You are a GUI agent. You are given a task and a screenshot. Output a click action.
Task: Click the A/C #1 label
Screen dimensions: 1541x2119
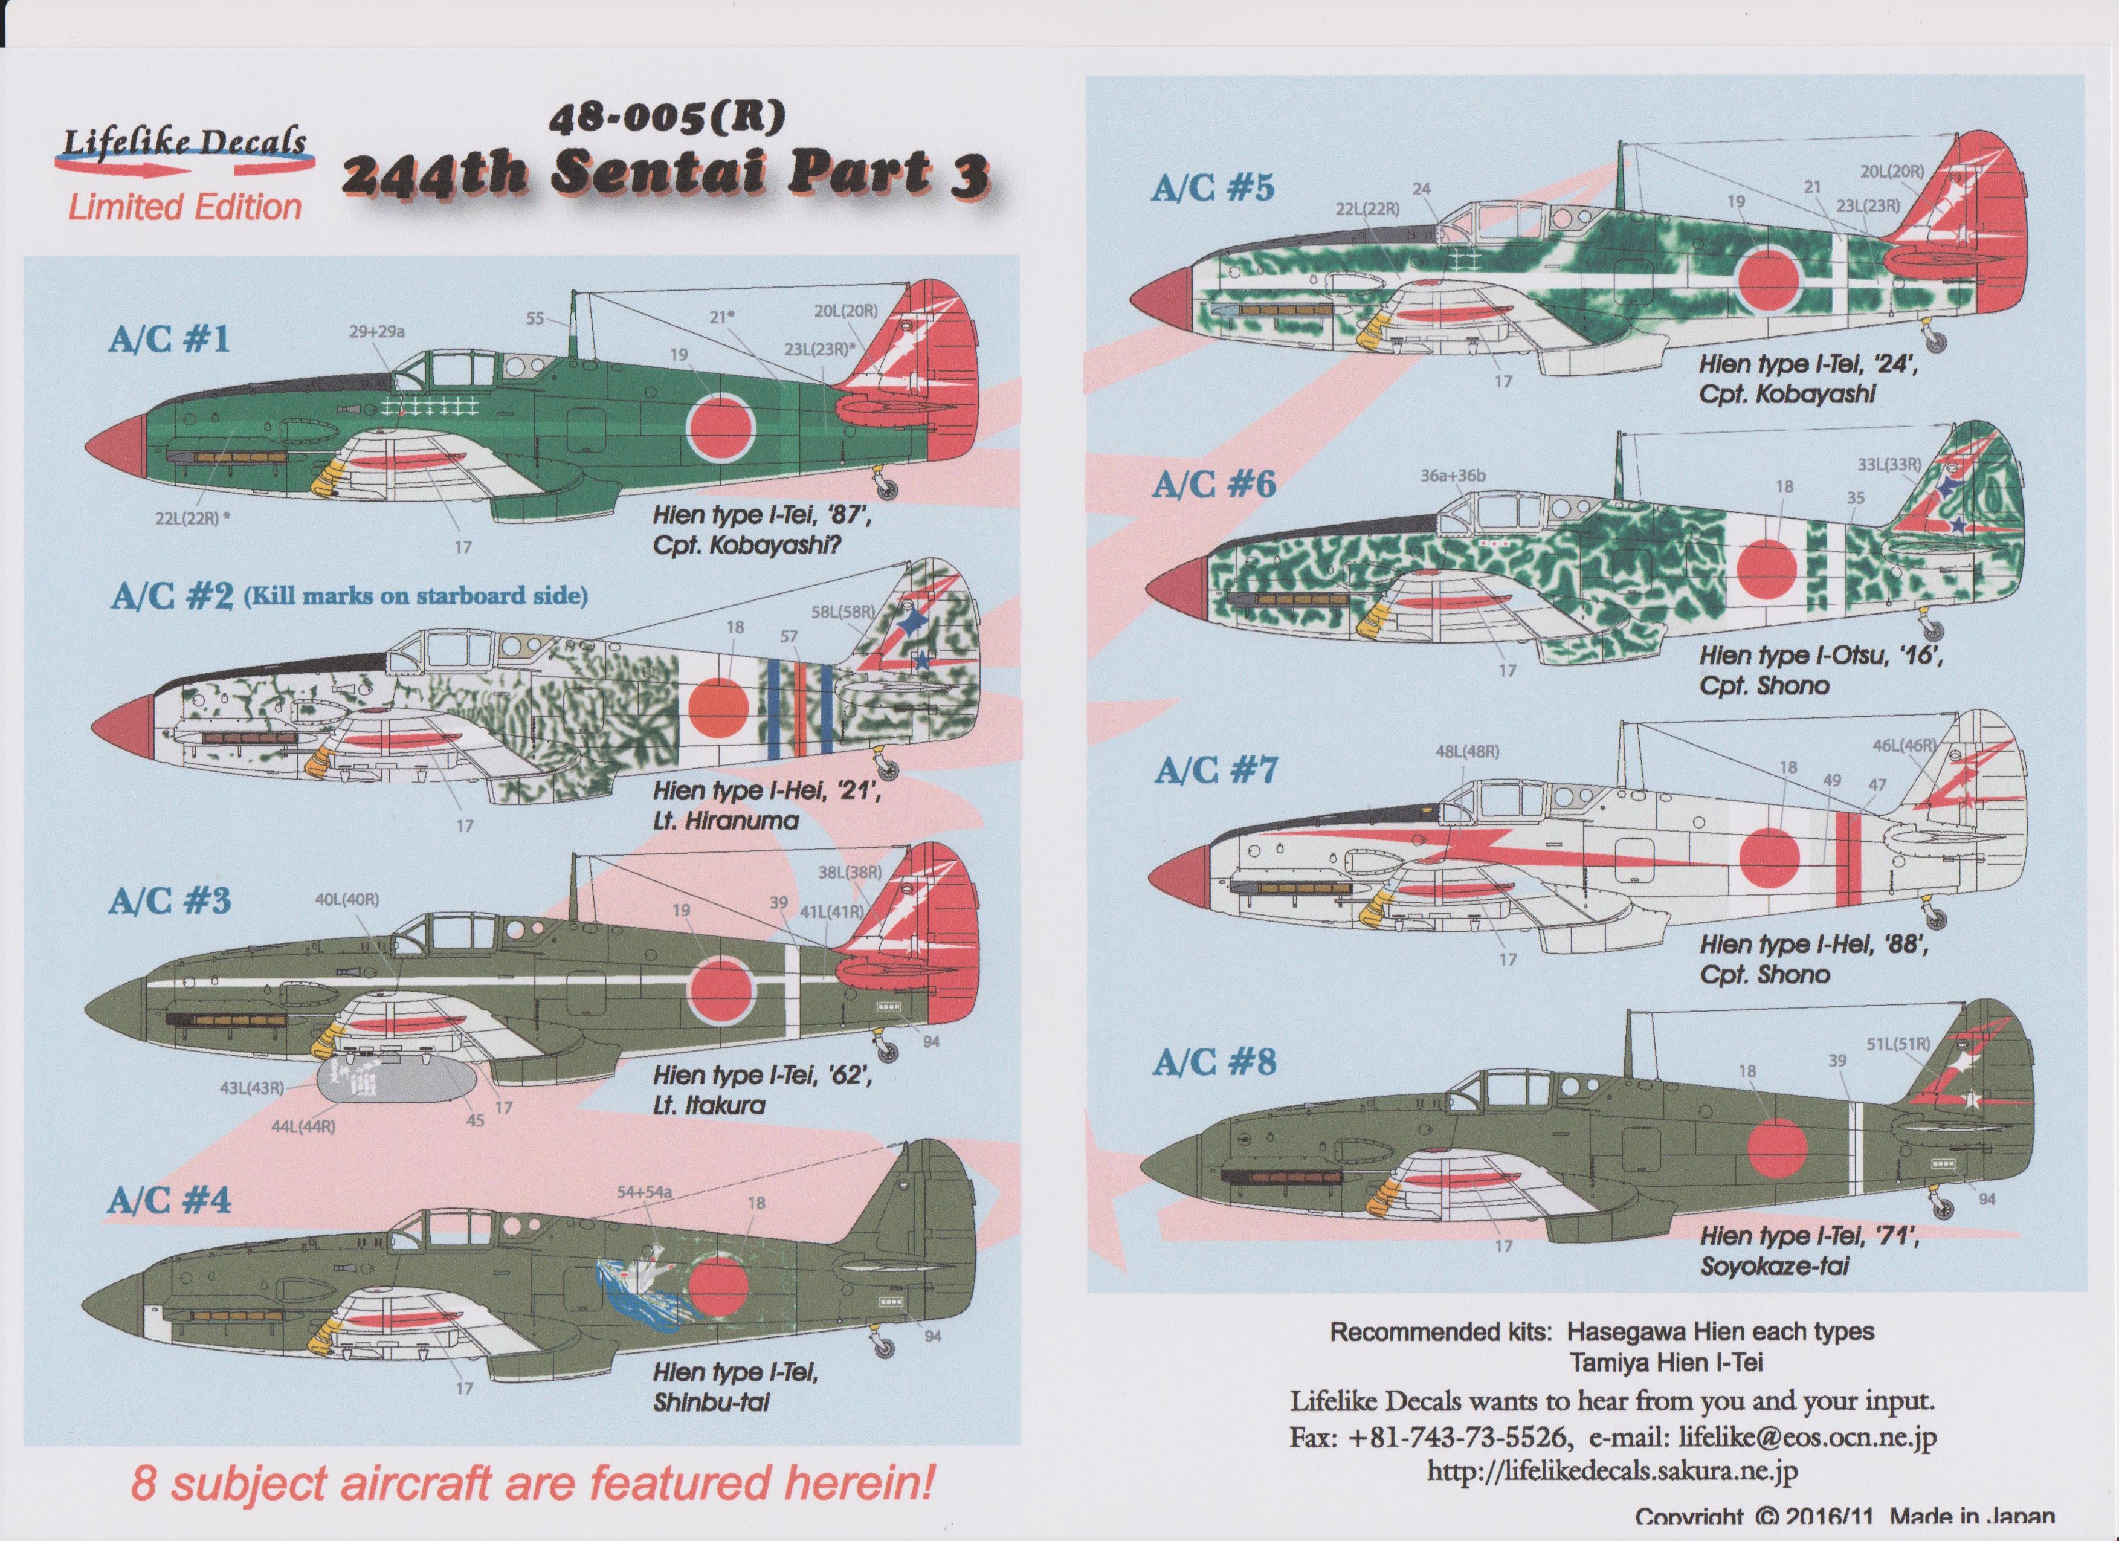click(x=168, y=338)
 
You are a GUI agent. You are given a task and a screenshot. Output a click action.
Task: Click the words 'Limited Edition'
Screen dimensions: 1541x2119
click(x=184, y=207)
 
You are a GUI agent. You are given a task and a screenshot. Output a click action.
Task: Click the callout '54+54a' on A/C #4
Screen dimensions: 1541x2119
click(x=645, y=1192)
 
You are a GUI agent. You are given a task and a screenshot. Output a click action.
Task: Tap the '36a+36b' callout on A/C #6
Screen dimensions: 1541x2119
click(x=1452, y=476)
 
